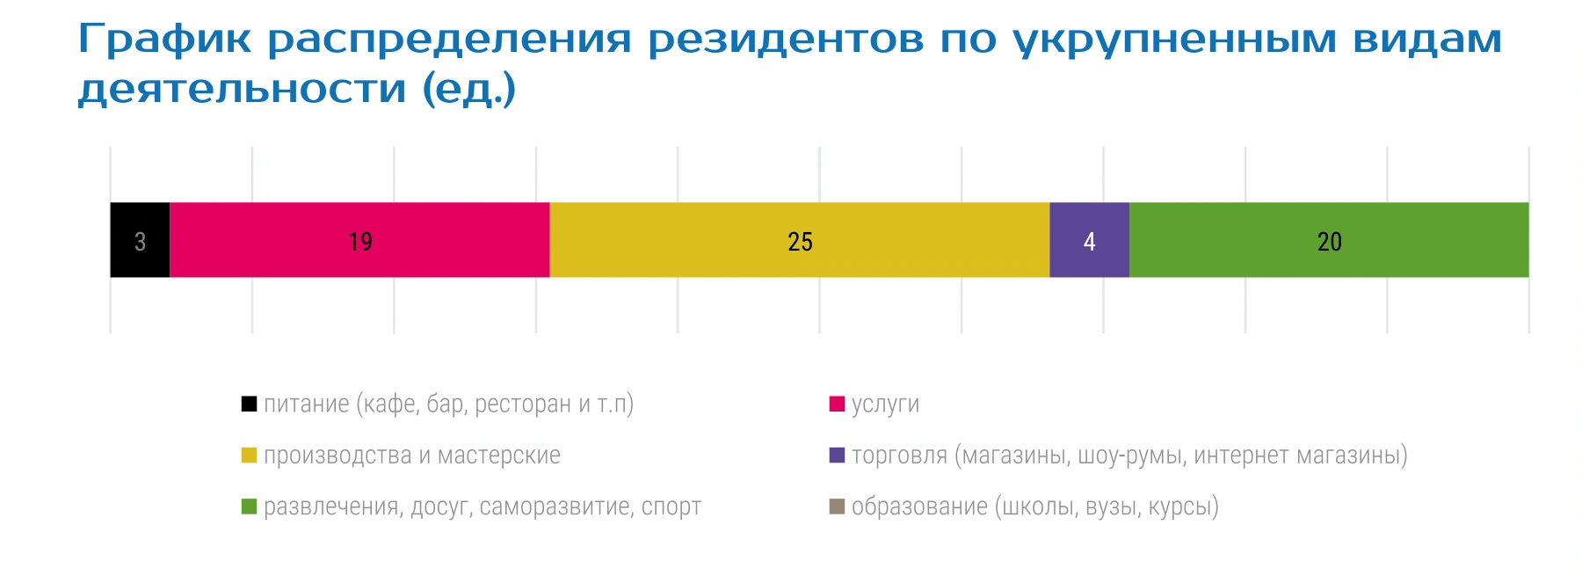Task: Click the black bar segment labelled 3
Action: pyautogui.click(x=140, y=240)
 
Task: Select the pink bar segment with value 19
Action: pyautogui.click(x=359, y=240)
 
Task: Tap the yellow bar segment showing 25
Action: pyautogui.click(x=800, y=240)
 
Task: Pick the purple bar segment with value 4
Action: pyautogui.click(x=1090, y=240)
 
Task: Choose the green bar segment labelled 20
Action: pyautogui.click(x=1330, y=240)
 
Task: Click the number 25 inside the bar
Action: pyautogui.click(x=800, y=242)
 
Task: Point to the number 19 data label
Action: pyautogui.click(x=360, y=242)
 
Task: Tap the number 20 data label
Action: pyautogui.click(x=1330, y=242)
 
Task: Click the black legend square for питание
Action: pyautogui.click(x=249, y=404)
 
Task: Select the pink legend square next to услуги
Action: pyautogui.click(x=837, y=404)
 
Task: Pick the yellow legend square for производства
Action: pyautogui.click(x=249, y=455)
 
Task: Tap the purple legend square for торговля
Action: pyautogui.click(x=837, y=455)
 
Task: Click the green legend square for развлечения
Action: pyautogui.click(x=249, y=506)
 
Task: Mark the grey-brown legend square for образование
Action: pyautogui.click(x=837, y=506)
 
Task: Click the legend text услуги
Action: pyautogui.click(x=885, y=405)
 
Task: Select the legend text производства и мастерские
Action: pyautogui.click(x=412, y=455)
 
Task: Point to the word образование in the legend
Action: pyautogui.click(x=919, y=507)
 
